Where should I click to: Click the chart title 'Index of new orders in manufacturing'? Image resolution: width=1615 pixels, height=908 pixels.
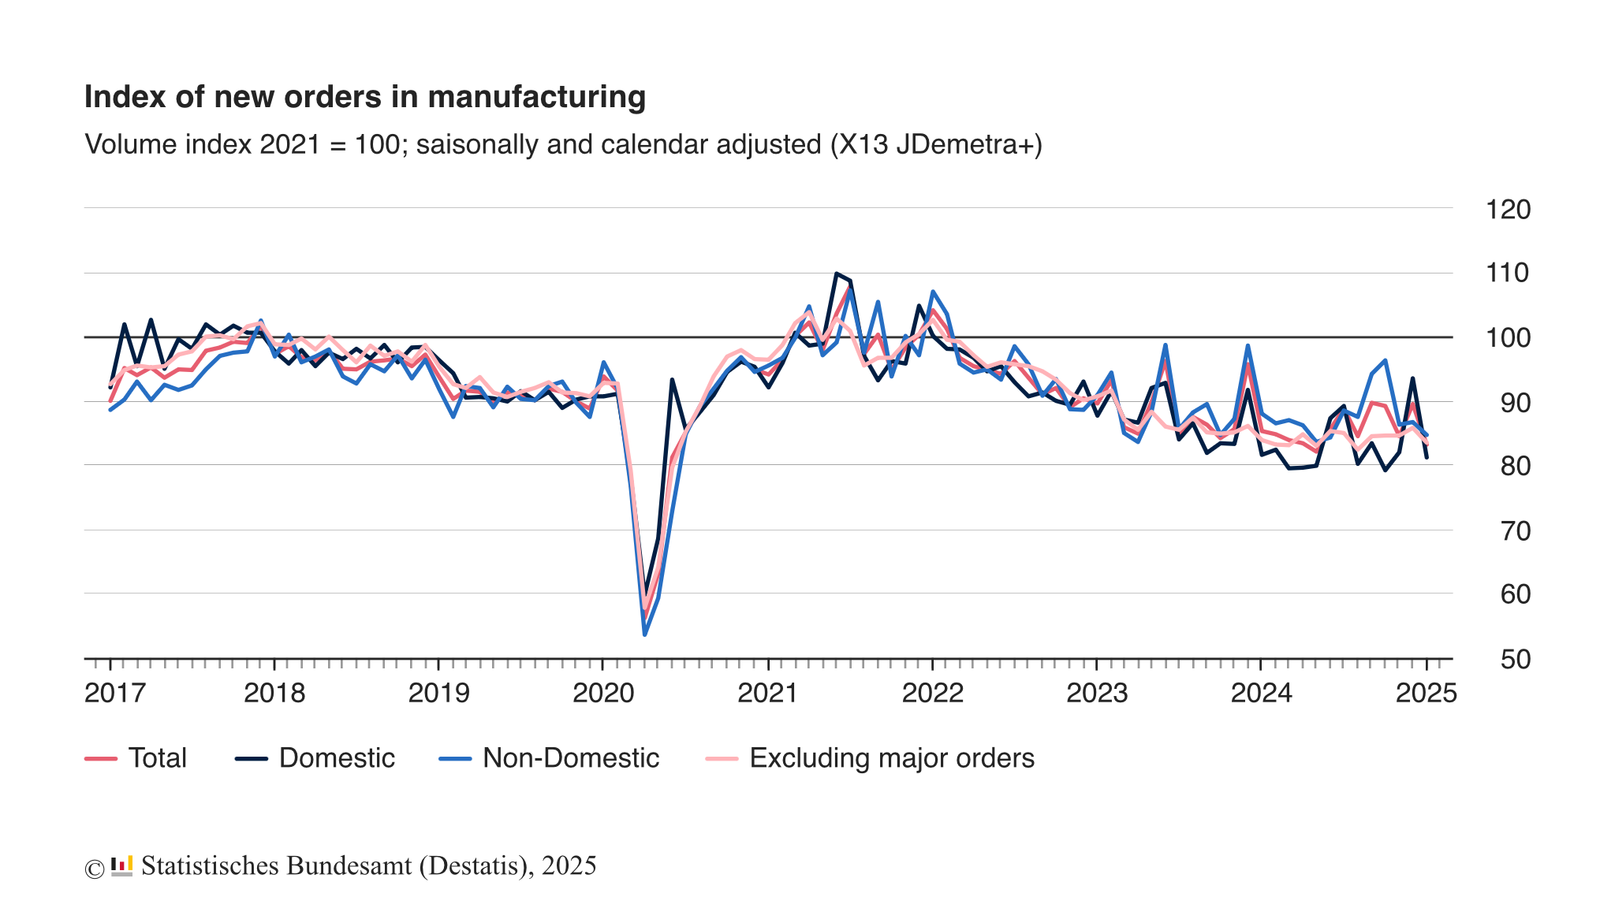[364, 97]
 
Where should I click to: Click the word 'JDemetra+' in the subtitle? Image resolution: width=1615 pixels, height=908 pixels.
[968, 145]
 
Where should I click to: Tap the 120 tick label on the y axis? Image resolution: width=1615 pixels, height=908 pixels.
[1507, 210]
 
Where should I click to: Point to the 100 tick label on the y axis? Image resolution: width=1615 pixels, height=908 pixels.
[1507, 339]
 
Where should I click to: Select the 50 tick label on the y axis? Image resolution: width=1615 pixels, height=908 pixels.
[1514, 659]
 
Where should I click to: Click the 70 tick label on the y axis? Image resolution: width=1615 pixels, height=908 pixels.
[1514, 531]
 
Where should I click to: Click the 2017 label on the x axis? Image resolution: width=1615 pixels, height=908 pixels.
[115, 694]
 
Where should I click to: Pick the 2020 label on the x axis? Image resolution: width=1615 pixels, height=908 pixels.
[603, 694]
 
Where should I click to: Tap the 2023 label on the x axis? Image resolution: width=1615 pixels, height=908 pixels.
[1097, 694]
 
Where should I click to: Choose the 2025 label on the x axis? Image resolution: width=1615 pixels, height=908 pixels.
[1426, 694]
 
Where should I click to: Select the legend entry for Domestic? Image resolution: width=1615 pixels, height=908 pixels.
[315, 758]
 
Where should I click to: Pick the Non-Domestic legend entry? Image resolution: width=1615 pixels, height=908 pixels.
[550, 758]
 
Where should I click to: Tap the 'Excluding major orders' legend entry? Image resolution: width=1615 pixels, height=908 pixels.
[870, 758]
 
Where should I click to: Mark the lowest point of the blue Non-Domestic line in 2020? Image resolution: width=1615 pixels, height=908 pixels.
[644, 634]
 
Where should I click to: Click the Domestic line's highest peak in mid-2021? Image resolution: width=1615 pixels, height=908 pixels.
[836, 274]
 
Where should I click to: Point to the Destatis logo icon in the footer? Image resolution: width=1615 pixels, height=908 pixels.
[121, 866]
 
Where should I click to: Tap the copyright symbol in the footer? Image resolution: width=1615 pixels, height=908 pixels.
[94, 869]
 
